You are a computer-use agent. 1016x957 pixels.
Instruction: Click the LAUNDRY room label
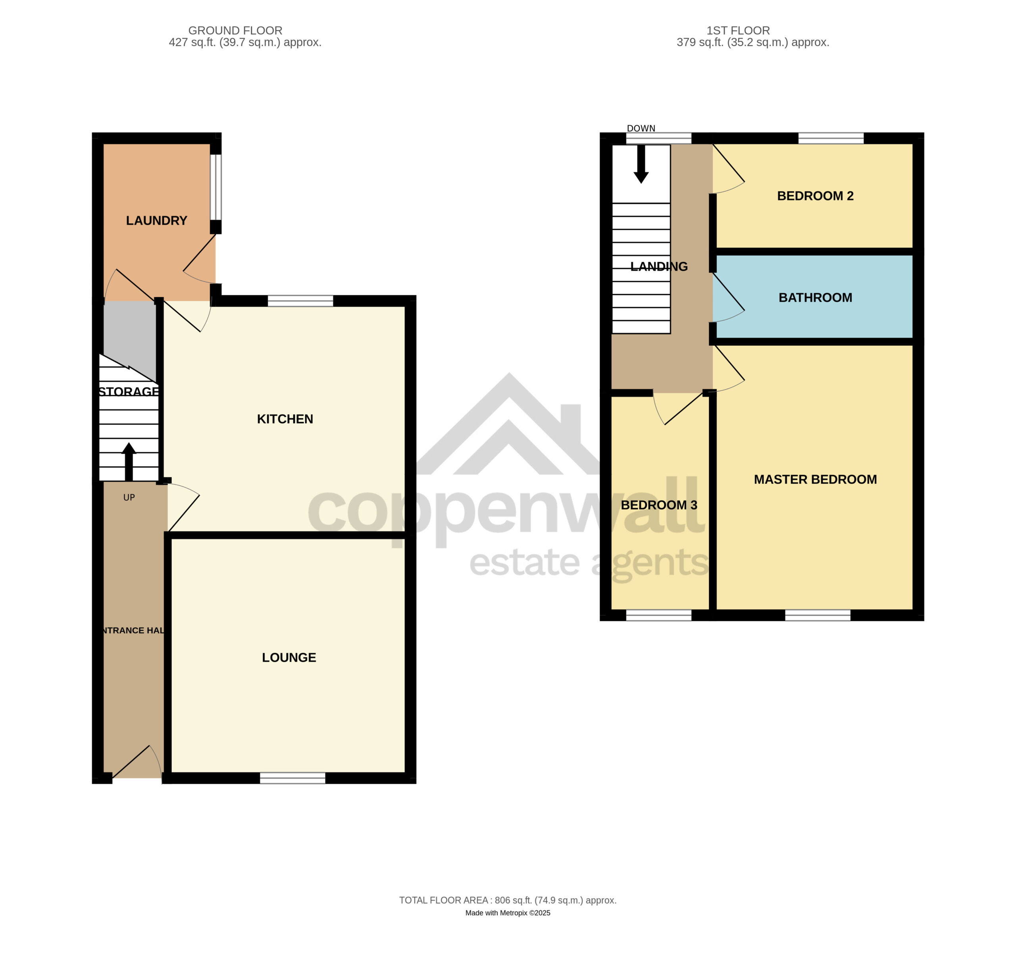(x=156, y=220)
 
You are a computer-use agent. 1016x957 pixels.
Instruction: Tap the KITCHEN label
(x=285, y=419)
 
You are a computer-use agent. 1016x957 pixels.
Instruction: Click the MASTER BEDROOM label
(x=815, y=479)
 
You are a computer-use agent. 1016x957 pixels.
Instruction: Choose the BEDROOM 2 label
(x=815, y=196)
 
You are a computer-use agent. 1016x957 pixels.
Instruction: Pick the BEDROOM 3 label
(x=659, y=504)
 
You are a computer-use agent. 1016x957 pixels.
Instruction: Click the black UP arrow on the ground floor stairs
(x=129, y=462)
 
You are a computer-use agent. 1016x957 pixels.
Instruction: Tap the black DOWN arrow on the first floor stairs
(x=641, y=164)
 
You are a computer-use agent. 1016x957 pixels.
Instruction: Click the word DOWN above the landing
(x=641, y=128)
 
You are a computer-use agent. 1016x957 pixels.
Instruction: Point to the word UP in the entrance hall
(x=129, y=497)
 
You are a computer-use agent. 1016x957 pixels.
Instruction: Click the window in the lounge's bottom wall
(x=292, y=778)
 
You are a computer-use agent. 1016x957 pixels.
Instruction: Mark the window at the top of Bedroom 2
(x=831, y=138)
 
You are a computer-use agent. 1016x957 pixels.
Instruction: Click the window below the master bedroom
(x=818, y=615)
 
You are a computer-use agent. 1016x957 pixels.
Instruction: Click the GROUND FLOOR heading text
(x=235, y=31)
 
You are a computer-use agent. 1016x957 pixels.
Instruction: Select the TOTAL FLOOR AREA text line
(x=508, y=900)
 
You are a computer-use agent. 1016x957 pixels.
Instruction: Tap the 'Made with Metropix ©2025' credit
(x=508, y=913)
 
